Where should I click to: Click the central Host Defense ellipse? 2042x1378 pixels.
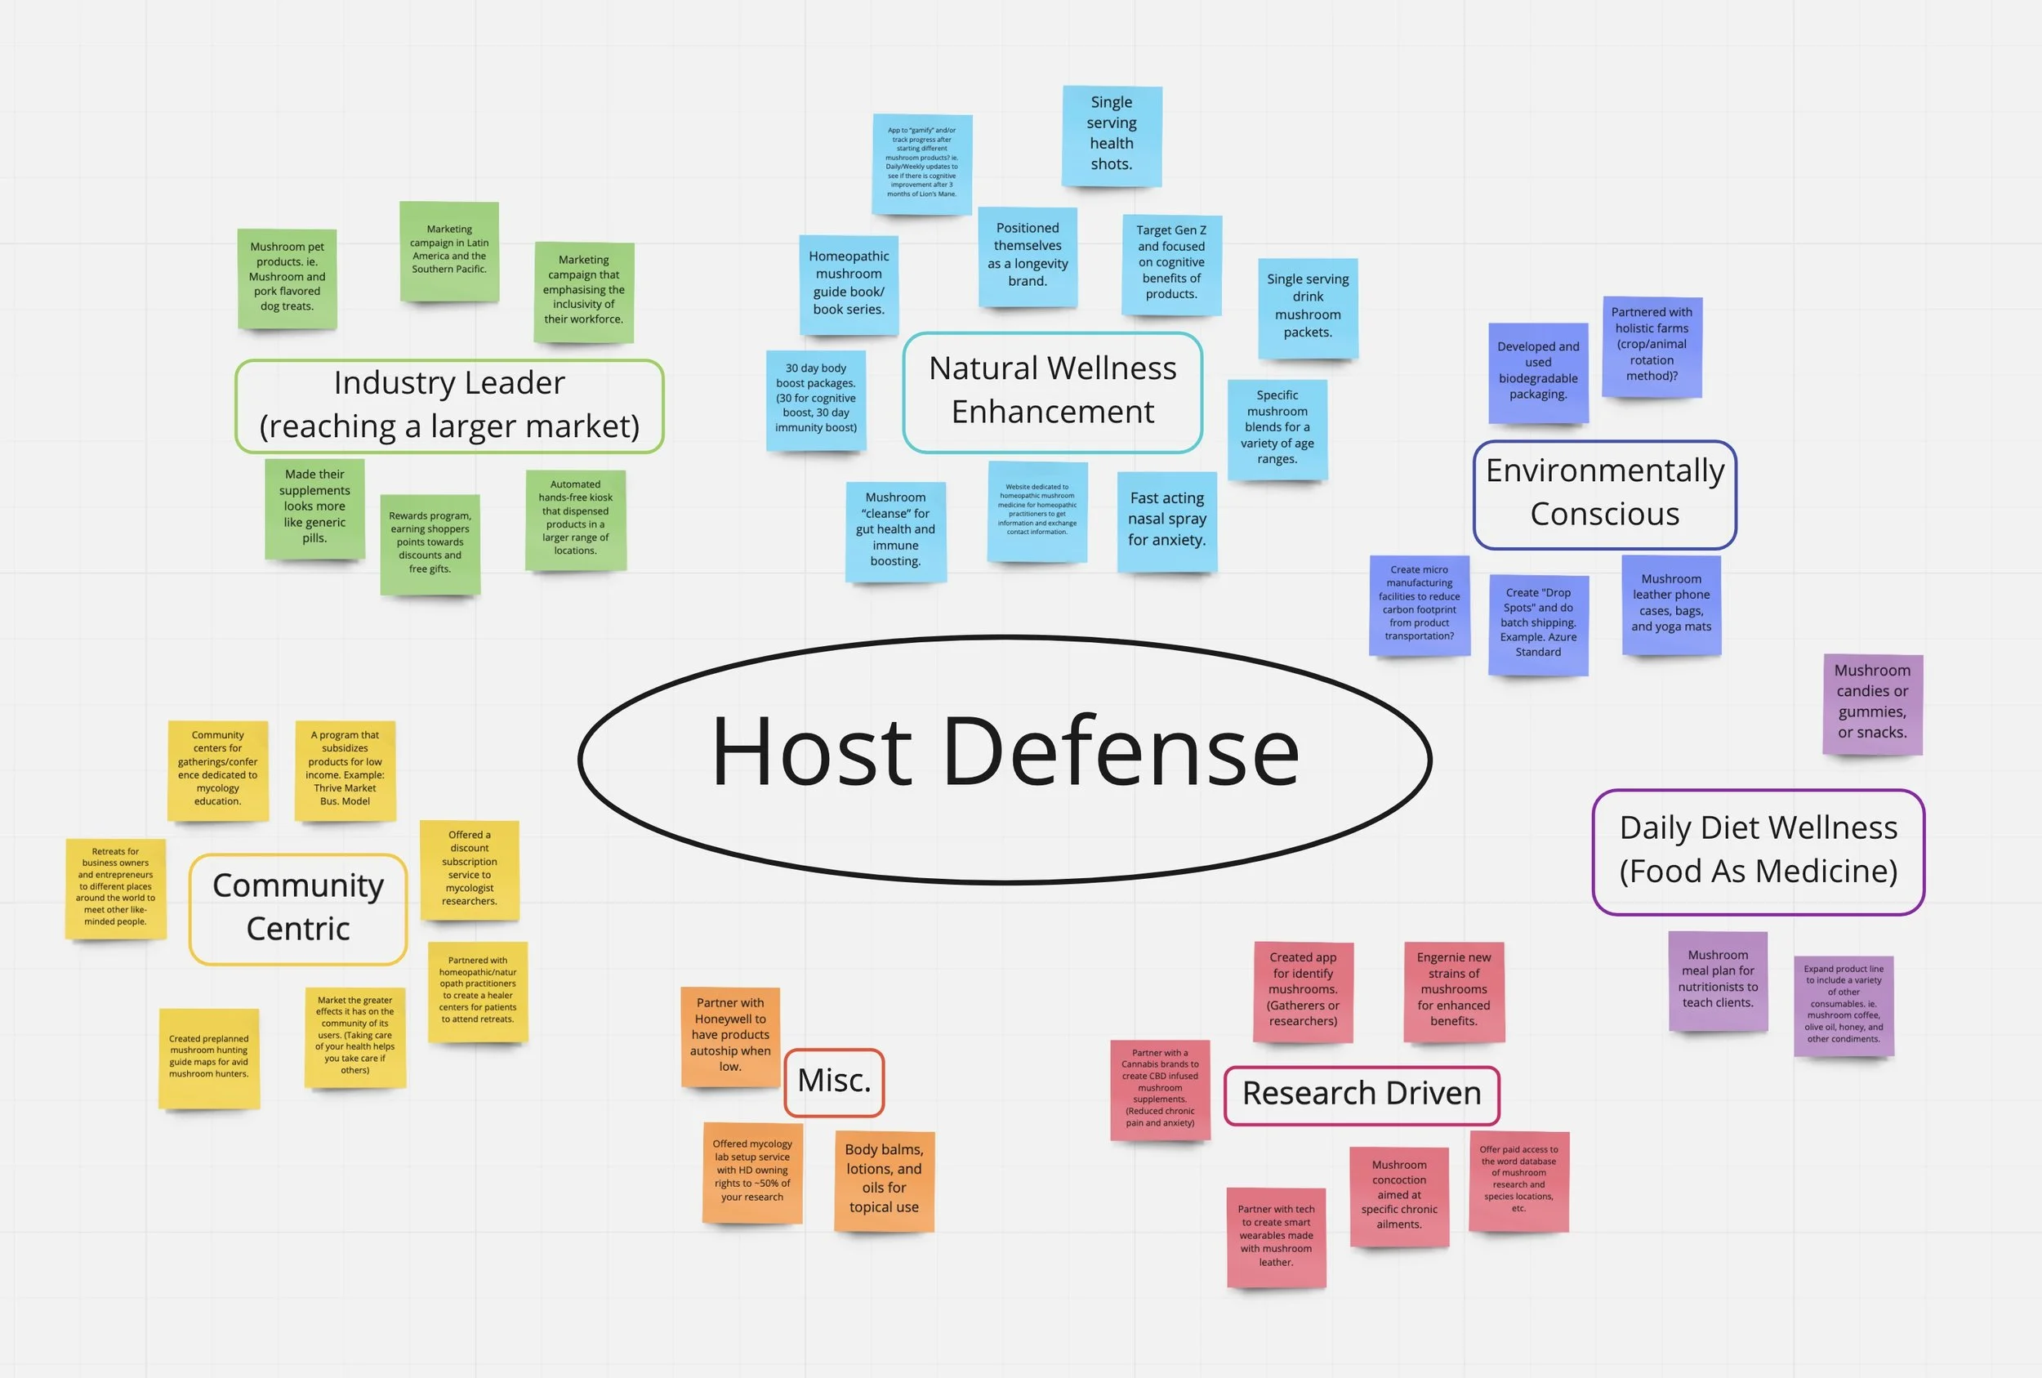1005,758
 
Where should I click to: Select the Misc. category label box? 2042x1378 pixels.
834,1081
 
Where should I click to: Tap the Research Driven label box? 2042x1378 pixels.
1361,1095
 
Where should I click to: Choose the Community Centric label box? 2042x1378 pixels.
298,908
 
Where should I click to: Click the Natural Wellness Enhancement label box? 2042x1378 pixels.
1052,392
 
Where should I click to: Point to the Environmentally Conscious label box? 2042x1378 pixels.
1604,494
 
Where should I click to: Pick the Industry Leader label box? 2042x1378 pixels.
449,405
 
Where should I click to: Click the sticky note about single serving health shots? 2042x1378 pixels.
1112,136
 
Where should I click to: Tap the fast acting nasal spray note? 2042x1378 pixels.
1167,521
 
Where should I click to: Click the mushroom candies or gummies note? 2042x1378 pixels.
1872,703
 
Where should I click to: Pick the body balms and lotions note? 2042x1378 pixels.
884,1180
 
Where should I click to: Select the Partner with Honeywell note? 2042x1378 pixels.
730,1036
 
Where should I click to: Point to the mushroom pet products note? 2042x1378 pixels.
288,278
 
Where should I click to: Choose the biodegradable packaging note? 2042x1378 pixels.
1538,372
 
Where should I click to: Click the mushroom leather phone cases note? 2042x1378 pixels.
1671,604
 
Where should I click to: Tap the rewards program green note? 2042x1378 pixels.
430,543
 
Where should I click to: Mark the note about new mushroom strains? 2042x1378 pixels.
1453,991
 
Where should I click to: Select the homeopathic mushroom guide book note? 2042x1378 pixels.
849,284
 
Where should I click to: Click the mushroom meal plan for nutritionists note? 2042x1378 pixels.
1718,980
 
